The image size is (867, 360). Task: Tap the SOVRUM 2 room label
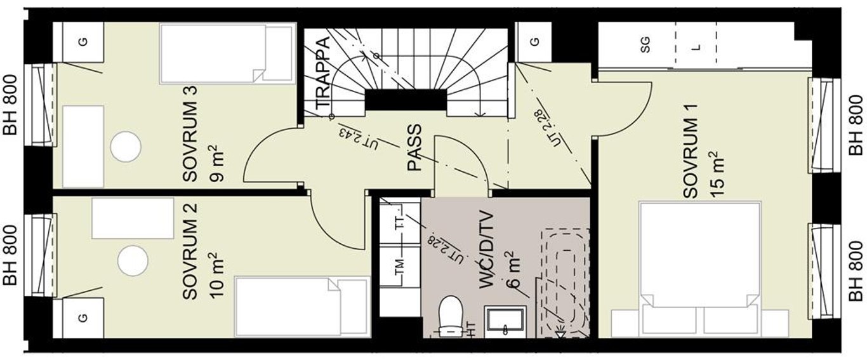point(190,251)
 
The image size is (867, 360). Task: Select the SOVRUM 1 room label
point(691,151)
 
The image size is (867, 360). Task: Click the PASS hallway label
point(414,147)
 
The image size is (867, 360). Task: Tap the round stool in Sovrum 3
point(126,147)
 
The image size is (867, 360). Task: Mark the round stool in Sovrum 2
point(133,260)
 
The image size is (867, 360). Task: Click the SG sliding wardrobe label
point(645,44)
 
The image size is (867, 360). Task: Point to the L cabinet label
point(696,47)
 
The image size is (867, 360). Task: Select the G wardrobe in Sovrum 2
point(83,318)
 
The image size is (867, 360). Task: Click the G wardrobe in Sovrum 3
point(83,42)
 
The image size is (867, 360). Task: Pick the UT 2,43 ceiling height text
point(358,138)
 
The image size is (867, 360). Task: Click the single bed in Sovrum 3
point(227,54)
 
